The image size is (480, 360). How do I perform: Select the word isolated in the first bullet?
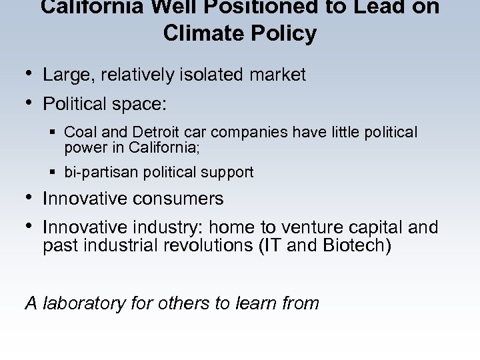click(208, 75)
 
